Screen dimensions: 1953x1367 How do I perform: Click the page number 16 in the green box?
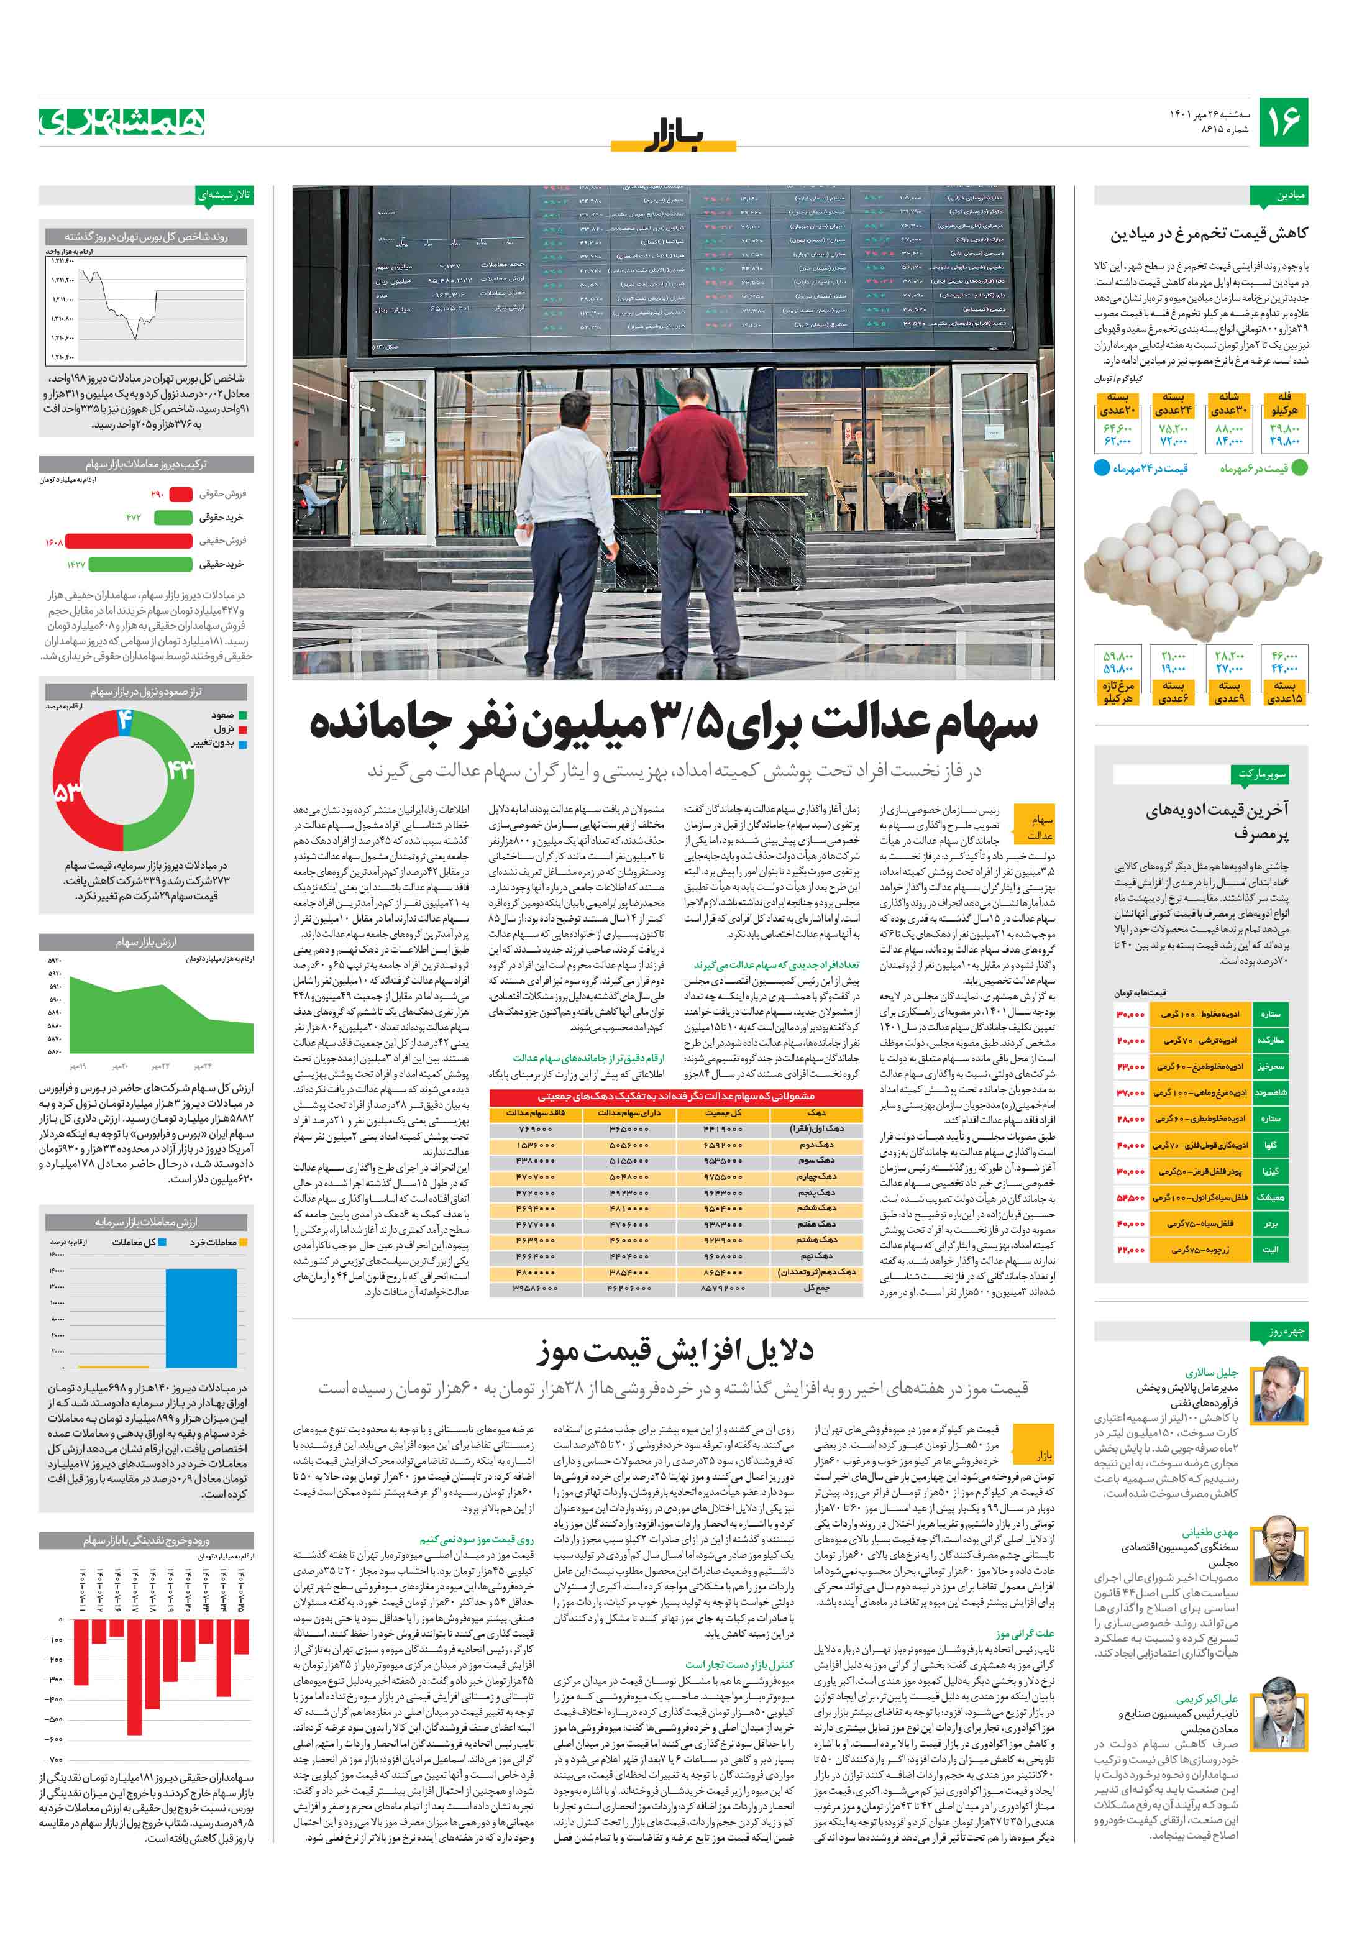click(1282, 122)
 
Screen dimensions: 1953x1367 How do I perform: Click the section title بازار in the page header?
click(674, 136)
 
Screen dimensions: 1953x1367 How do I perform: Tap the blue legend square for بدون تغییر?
click(242, 743)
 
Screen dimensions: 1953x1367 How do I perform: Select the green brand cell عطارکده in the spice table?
click(1270, 1040)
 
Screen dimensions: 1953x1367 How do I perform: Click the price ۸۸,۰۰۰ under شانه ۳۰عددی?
click(1228, 429)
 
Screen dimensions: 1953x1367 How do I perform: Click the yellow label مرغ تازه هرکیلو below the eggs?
click(1118, 692)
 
